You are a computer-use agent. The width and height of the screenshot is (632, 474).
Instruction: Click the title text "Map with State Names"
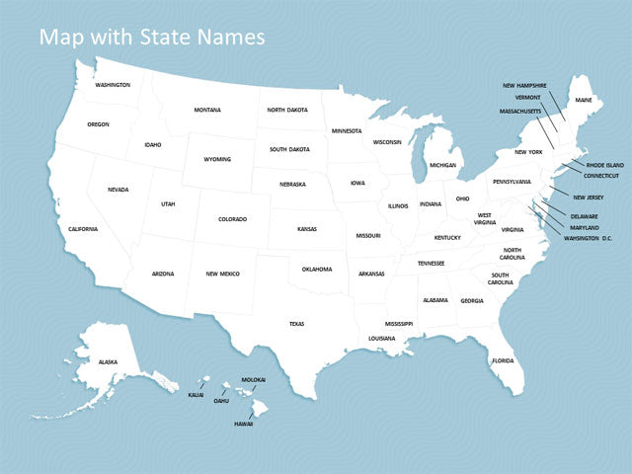click(x=151, y=38)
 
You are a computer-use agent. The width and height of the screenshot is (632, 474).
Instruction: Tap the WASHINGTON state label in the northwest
click(x=113, y=85)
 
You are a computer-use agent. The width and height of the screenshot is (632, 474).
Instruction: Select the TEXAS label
click(x=296, y=323)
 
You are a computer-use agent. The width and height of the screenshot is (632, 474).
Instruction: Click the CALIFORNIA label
click(x=83, y=229)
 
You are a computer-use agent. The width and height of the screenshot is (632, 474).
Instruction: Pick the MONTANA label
click(x=207, y=110)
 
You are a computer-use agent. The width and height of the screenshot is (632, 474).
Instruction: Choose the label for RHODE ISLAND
click(x=604, y=165)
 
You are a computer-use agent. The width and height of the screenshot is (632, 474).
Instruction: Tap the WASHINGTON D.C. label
click(x=589, y=238)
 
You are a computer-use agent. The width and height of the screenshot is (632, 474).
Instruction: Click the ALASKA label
click(x=108, y=361)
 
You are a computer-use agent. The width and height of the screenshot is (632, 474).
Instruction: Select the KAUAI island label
click(x=196, y=395)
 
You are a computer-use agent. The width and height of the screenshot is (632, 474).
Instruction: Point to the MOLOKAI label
click(x=254, y=379)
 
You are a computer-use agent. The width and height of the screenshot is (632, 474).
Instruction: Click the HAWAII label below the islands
click(x=243, y=424)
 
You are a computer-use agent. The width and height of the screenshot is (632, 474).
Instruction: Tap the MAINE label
click(x=584, y=100)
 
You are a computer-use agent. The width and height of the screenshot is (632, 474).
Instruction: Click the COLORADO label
click(x=232, y=219)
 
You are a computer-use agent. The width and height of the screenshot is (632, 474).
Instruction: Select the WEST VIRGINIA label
click(x=485, y=218)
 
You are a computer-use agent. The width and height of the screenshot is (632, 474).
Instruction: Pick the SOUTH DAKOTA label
click(x=289, y=149)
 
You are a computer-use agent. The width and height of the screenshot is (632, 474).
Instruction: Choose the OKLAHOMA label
click(x=317, y=269)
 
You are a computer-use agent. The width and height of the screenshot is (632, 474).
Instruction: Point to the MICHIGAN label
click(x=442, y=165)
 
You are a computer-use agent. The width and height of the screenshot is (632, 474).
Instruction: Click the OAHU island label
click(x=221, y=401)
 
